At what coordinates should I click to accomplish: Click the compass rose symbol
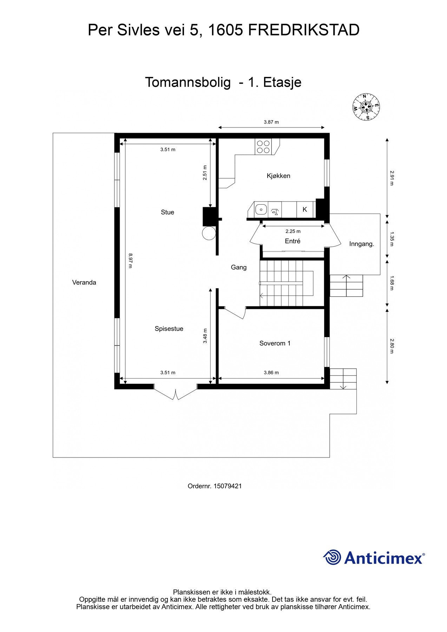pos(367,107)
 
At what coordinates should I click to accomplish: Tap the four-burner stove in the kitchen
pos(263,147)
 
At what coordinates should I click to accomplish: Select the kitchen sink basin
pos(261,209)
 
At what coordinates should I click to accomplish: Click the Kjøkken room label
pos(278,176)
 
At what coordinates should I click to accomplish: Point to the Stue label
pos(167,212)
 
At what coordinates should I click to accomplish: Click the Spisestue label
pos(169,329)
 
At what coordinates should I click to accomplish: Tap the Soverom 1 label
pos(275,343)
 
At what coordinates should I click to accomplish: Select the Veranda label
pos(84,282)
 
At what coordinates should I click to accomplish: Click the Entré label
pos(292,241)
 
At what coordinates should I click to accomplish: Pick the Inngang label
pos(362,244)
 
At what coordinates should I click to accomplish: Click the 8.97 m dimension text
pos(130,261)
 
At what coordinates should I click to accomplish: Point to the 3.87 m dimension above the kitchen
pos(271,122)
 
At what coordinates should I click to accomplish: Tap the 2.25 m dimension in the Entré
pos(293,231)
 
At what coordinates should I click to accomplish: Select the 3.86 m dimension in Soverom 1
pos(271,373)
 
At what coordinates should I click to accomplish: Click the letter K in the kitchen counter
pos(305,209)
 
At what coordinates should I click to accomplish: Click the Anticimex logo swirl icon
pos(332,558)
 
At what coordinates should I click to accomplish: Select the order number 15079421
pos(228,486)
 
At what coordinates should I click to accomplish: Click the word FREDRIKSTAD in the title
pos(304,30)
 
